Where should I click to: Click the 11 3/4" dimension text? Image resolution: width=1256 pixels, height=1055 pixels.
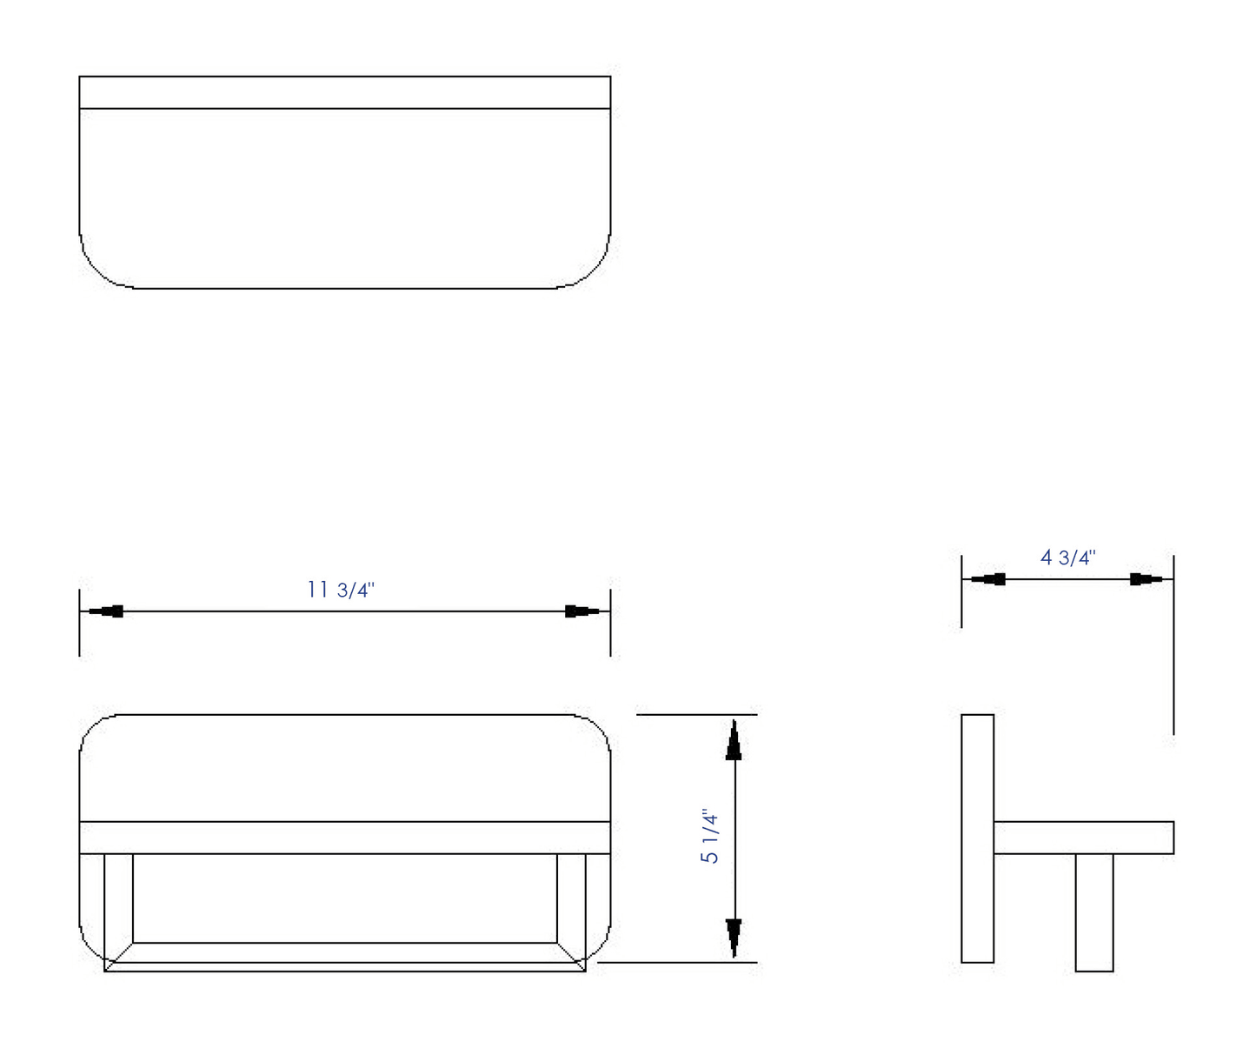coord(341,590)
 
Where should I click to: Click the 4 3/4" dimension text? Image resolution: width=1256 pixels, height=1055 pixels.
coord(1067,558)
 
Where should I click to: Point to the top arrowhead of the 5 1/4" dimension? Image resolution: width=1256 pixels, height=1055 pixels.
coord(734,741)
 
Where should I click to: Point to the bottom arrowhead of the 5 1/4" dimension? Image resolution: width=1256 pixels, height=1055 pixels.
coord(734,937)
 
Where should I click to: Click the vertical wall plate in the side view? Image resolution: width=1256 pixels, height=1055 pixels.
coord(977,838)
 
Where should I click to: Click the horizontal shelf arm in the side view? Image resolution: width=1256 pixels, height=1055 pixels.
coord(1083,837)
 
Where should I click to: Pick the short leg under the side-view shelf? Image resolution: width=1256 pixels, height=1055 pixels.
coord(1093,911)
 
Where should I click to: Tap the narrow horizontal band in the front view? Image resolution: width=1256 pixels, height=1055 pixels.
coord(345,837)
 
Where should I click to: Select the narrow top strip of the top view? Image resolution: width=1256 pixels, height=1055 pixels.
coord(345,92)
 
